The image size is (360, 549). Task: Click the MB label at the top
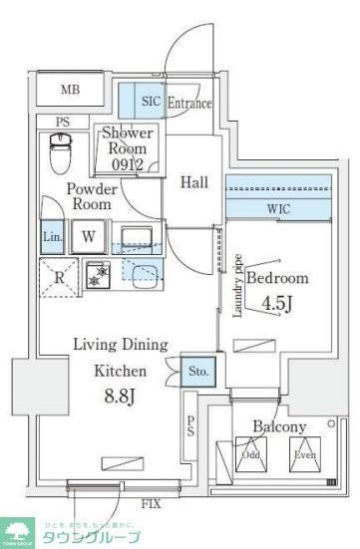(69, 91)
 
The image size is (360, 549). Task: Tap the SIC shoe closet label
(151, 102)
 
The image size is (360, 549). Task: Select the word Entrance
(189, 103)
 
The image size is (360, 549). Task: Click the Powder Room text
(91, 195)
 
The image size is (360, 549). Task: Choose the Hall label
(193, 181)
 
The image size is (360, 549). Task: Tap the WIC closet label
(278, 210)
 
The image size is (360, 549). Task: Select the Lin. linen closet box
(53, 237)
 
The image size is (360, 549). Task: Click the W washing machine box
(88, 237)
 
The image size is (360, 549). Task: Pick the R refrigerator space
(60, 278)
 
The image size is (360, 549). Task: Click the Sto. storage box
(197, 373)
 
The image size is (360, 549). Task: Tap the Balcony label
(278, 426)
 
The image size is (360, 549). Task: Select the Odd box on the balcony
(250, 455)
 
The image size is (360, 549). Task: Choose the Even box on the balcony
(305, 455)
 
